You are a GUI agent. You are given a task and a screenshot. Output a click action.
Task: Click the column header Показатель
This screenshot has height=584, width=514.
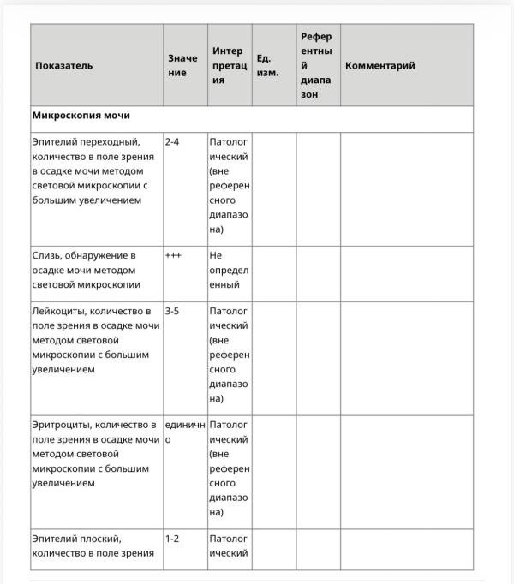[x=64, y=66]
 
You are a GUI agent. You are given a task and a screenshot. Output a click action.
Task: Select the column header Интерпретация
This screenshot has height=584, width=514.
[x=228, y=66]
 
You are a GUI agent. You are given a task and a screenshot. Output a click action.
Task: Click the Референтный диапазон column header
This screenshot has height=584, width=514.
[x=317, y=66]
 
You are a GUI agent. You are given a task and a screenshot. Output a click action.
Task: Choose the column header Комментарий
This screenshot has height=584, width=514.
[x=380, y=66]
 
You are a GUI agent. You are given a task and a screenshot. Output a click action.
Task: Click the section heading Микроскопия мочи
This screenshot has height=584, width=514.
[x=81, y=115]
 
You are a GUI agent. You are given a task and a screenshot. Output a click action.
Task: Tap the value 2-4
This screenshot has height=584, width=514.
[x=172, y=141]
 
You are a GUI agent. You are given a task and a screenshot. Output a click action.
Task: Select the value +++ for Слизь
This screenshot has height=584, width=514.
[x=173, y=255]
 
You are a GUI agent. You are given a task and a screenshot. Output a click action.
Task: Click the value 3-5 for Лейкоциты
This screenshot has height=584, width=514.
[x=172, y=311]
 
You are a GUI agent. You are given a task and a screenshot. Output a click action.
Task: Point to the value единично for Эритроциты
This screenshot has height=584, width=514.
[x=183, y=432]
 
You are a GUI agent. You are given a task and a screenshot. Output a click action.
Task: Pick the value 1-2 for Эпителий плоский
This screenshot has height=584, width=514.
[x=172, y=539]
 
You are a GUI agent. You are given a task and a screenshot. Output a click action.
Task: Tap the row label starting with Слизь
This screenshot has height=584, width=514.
[x=87, y=270]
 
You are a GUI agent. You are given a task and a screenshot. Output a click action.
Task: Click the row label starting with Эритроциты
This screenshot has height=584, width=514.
[x=95, y=454]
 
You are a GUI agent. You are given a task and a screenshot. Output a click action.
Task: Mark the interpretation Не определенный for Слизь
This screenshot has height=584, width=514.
[x=227, y=270]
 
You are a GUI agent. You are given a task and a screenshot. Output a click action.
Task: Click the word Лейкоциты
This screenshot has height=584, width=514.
[x=58, y=311]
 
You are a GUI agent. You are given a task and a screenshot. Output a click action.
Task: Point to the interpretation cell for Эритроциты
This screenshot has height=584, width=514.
[x=229, y=468]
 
